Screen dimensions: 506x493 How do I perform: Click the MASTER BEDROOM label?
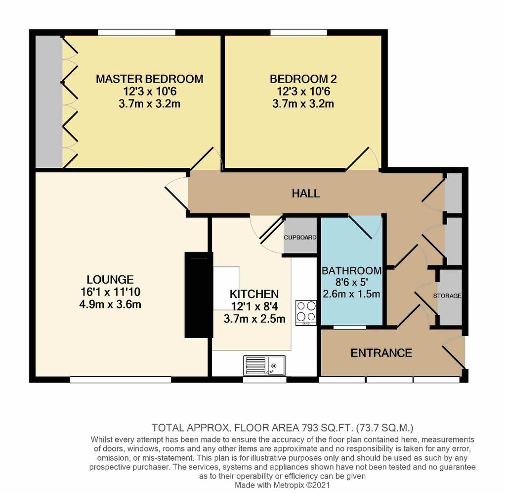tap(149, 79)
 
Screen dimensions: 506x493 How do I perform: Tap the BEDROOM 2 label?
tap(303, 79)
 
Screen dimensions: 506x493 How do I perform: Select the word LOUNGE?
tap(110, 279)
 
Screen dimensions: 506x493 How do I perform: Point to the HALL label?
tap(305, 194)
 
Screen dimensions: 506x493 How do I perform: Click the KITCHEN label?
tap(254, 294)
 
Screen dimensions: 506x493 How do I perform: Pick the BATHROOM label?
tap(352, 270)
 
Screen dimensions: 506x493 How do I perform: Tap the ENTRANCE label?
tap(381, 353)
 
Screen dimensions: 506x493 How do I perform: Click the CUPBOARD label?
tap(300, 237)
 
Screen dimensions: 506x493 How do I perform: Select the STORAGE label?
tap(447, 296)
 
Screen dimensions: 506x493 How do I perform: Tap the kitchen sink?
tap(264, 365)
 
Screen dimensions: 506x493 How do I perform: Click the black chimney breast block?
tap(199, 295)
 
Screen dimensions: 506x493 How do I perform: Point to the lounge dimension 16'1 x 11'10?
tap(110, 292)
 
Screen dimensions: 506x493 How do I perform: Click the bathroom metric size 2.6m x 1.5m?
tap(351, 294)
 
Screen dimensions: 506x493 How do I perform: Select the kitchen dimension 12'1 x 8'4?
tap(254, 306)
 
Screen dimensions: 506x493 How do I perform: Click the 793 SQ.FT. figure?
tap(327, 428)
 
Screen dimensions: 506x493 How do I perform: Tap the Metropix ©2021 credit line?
tap(283, 485)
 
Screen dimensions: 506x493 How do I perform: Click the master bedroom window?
tap(137, 32)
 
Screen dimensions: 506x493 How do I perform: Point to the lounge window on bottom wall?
tap(121, 380)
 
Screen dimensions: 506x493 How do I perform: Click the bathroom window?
tap(350, 328)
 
